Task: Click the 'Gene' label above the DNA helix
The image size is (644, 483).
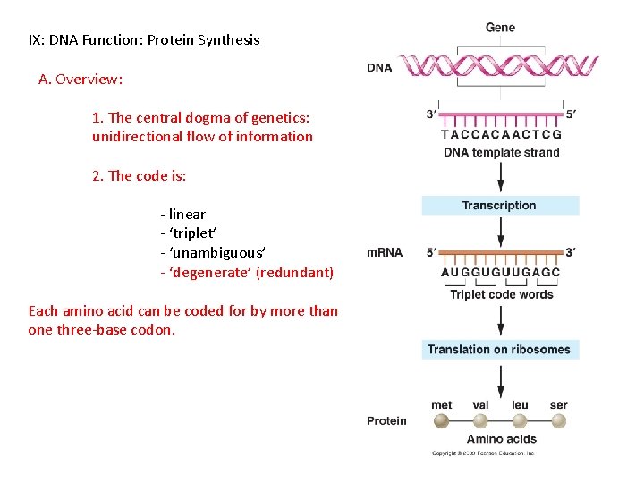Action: point(500,28)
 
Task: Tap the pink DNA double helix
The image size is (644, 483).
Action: point(497,67)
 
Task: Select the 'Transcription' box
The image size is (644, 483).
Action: point(500,206)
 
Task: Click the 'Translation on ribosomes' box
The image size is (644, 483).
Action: point(500,350)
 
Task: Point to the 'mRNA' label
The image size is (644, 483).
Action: point(385,253)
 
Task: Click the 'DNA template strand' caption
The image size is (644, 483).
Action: point(501,152)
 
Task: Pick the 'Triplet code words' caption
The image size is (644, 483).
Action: point(501,294)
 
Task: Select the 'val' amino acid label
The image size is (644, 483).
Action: point(480,405)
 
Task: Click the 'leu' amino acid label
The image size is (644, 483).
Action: point(520,405)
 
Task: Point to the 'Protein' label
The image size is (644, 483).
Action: point(386,420)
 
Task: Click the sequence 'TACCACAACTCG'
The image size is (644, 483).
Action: point(501,135)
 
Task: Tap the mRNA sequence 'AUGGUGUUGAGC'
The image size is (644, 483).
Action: point(501,273)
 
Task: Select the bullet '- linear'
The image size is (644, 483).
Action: point(182,214)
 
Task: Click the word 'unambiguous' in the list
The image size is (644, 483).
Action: point(215,253)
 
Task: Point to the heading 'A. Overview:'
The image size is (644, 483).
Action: point(80,79)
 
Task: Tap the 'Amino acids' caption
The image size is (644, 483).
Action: point(501,439)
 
